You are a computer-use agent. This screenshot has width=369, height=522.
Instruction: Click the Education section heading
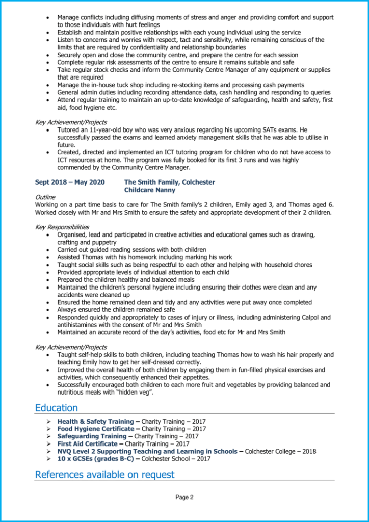click(x=56, y=408)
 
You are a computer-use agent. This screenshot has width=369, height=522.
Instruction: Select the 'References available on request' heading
click(x=104, y=475)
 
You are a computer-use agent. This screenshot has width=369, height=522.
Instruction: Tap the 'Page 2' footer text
click(x=184, y=497)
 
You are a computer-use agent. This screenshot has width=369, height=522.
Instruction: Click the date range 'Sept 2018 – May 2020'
click(x=70, y=182)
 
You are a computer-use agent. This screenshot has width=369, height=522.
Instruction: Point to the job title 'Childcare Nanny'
click(x=150, y=190)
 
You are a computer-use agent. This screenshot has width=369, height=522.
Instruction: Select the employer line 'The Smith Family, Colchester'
click(x=169, y=182)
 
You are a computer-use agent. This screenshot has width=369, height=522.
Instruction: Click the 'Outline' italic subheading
click(x=45, y=197)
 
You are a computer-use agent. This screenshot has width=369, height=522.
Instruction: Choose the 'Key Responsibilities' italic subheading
click(x=62, y=227)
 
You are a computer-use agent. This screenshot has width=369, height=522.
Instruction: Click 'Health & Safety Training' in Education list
click(x=95, y=422)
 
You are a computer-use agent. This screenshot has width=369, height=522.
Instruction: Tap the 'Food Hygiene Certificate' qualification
click(x=95, y=429)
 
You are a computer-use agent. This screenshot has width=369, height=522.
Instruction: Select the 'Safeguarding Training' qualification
click(x=92, y=436)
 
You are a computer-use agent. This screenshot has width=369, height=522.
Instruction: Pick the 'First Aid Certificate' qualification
click(x=87, y=444)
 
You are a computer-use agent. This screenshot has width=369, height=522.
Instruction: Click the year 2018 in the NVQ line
click(x=309, y=451)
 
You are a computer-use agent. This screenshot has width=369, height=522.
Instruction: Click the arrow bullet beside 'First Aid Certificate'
click(x=48, y=444)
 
